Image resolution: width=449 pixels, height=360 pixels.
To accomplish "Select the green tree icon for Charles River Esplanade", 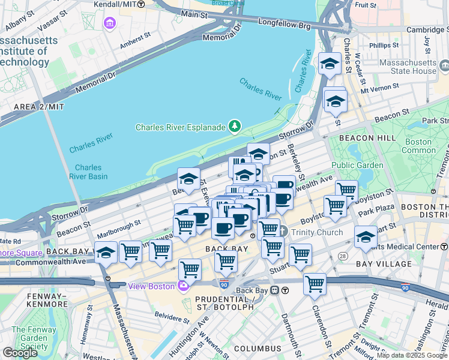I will point(235,126).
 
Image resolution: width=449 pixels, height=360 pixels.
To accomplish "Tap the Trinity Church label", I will point(316,232).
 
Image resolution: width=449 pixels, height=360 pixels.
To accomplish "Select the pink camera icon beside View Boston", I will point(181,286).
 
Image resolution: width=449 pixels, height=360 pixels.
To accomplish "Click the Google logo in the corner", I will point(20,353).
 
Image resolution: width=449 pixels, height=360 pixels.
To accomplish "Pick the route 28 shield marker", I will point(343,256).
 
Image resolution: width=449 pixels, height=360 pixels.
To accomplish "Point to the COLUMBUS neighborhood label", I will point(258,349).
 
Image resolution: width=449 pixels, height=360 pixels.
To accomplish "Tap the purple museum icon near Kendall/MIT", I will point(110,23).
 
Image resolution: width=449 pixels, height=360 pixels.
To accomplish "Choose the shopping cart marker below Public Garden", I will point(335,206).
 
